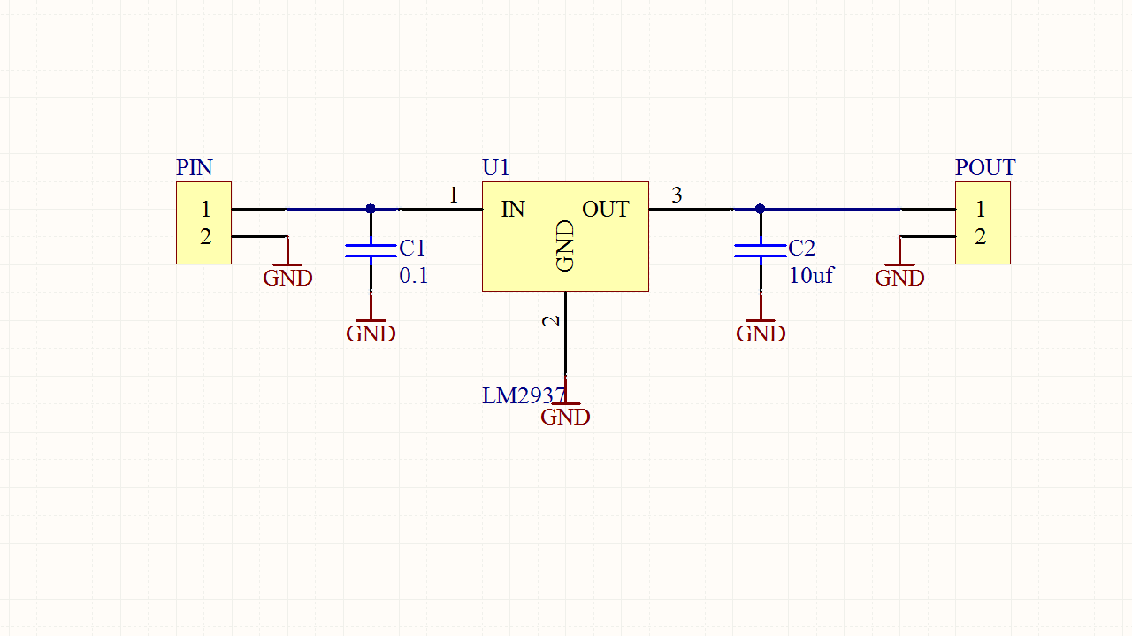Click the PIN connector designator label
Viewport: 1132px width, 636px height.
194,167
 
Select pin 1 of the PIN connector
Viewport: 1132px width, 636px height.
205,210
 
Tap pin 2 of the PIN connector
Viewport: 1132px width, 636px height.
205,237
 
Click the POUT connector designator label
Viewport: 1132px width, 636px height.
984,167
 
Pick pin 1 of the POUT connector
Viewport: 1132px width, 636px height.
980,210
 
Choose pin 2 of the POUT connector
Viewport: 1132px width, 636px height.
980,237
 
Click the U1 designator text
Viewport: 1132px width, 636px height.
495,167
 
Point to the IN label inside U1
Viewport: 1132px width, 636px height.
513,210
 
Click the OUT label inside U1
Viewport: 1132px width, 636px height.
605,210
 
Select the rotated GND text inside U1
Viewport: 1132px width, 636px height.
565,245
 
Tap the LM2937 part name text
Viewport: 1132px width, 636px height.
523,395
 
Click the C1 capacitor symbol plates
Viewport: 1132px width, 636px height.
371,250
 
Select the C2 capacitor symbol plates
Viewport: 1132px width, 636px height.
760,250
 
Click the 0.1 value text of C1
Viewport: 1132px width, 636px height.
413,276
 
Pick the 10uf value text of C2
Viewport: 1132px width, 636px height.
811,276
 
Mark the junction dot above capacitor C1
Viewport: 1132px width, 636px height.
371,209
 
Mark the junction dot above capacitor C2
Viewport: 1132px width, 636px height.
760,209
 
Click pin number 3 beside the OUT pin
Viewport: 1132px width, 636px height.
677,195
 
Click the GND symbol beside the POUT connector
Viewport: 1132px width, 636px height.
899,272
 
